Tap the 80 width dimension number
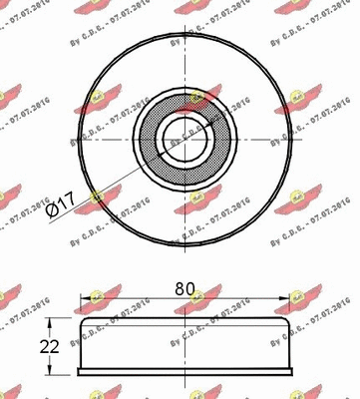[183, 288]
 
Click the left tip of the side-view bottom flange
[76, 371]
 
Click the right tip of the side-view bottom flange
[292, 371]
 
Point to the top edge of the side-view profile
[183, 318]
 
